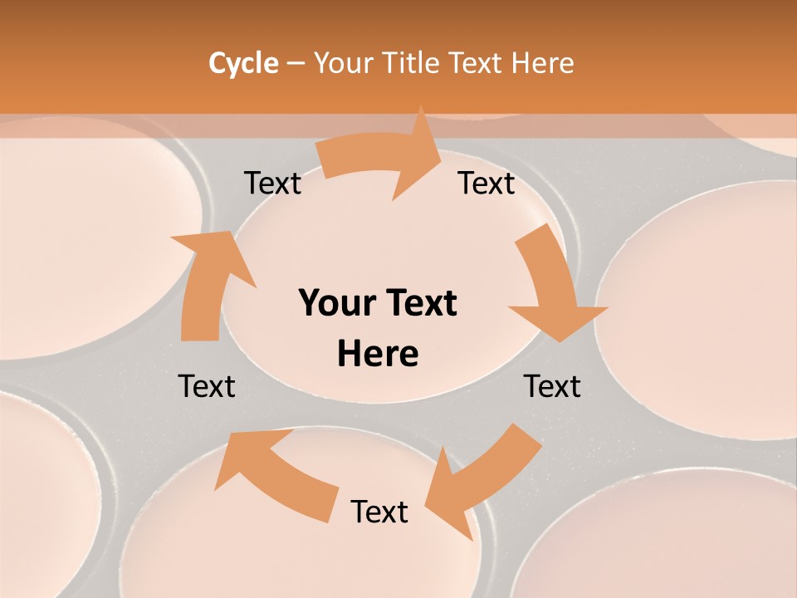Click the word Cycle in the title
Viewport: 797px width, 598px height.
tap(243, 63)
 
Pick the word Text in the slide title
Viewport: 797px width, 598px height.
tap(477, 63)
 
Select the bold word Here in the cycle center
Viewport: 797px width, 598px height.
tap(378, 354)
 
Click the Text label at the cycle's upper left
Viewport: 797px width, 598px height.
tap(272, 183)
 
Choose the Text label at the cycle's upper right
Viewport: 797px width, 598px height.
tap(487, 183)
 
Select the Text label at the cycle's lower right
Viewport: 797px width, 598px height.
tap(552, 386)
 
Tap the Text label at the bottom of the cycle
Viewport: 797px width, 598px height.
tap(379, 512)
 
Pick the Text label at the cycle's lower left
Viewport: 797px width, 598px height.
tap(207, 386)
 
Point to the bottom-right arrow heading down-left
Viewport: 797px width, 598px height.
tap(482, 482)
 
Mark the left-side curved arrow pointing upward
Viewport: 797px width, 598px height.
tap(208, 282)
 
